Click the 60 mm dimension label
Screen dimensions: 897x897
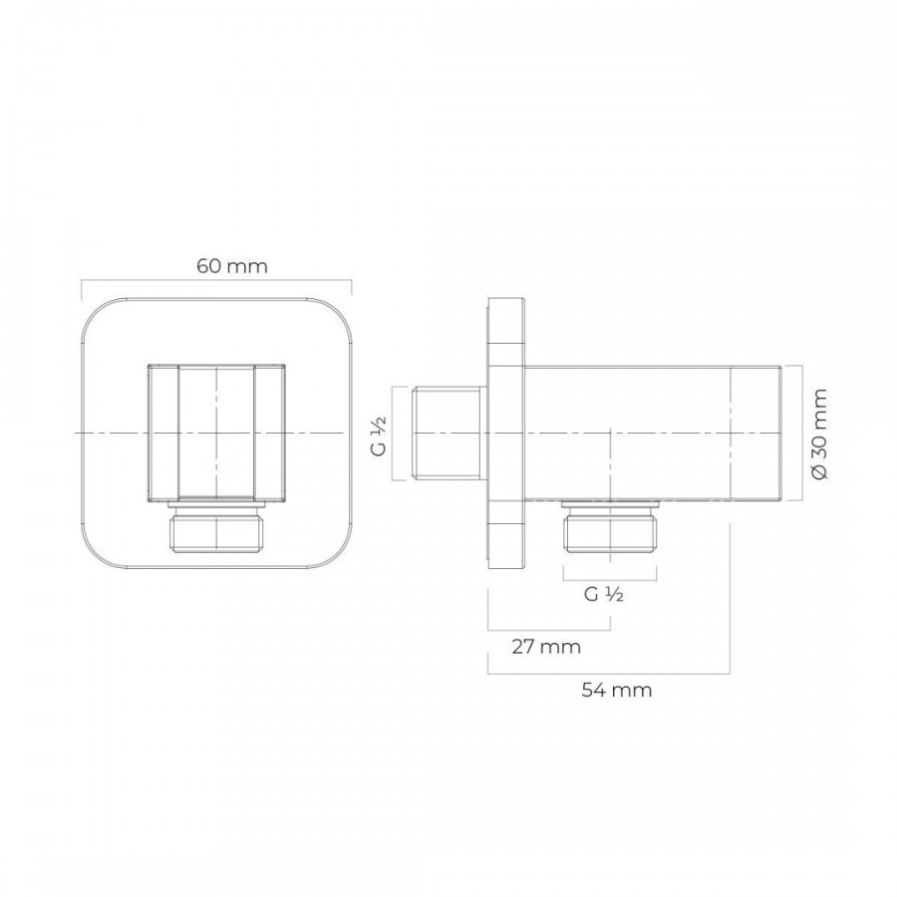231,266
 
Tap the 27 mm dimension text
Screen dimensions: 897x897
546,647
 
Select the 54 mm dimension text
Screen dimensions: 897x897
617,690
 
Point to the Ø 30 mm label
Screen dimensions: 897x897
818,434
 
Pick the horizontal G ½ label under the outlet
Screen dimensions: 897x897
604,594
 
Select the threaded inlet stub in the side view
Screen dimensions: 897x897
449,434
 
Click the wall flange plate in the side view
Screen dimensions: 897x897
505,434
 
